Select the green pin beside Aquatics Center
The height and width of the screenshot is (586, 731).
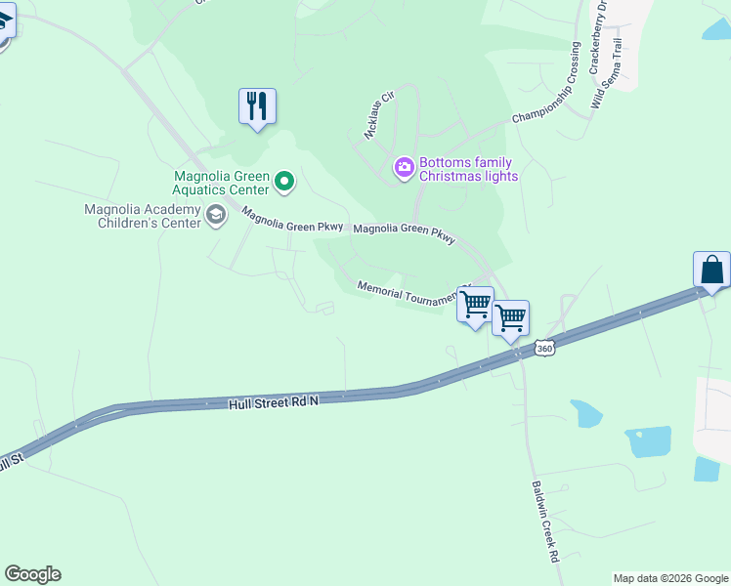pyautogui.click(x=284, y=181)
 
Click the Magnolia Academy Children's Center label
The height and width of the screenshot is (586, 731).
pyautogui.click(x=143, y=216)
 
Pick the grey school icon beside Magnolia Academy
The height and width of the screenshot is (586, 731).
pyautogui.click(x=216, y=217)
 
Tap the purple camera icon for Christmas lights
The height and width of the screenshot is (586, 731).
pyautogui.click(x=404, y=169)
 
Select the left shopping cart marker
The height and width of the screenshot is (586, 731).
pyautogui.click(x=475, y=305)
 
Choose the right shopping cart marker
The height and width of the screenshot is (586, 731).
pyautogui.click(x=510, y=317)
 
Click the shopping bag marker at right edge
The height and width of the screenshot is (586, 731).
pyautogui.click(x=711, y=270)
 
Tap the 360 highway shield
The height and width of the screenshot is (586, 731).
pyautogui.click(x=545, y=348)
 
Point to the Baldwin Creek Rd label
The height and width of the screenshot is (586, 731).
pyautogui.click(x=544, y=521)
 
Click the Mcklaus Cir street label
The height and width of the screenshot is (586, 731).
pyautogui.click(x=378, y=116)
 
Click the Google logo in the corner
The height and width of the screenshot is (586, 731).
pyautogui.click(x=32, y=574)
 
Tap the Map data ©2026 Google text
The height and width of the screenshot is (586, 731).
pyautogui.click(x=669, y=578)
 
